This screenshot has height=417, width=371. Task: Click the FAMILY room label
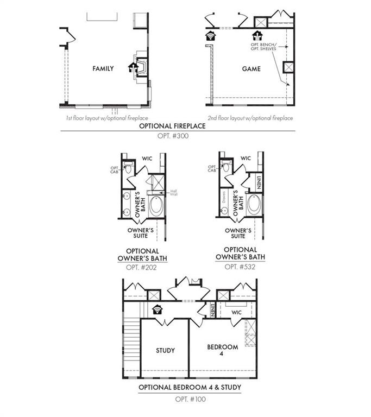tap(103, 68)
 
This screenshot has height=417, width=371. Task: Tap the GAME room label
tap(251, 69)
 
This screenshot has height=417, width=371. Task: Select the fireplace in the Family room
tap(140, 67)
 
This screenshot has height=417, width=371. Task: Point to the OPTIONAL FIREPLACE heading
tap(172, 125)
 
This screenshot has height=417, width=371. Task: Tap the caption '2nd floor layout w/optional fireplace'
tap(250, 117)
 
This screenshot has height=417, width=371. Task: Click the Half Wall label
tap(174, 193)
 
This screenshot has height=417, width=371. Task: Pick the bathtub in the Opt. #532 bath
tap(254, 206)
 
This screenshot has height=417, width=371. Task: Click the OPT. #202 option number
tap(142, 267)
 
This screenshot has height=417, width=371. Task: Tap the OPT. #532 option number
tap(240, 267)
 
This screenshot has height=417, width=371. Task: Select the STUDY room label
tap(165, 350)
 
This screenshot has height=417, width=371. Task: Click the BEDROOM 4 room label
tap(223, 351)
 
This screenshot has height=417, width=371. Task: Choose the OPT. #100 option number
tap(190, 399)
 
